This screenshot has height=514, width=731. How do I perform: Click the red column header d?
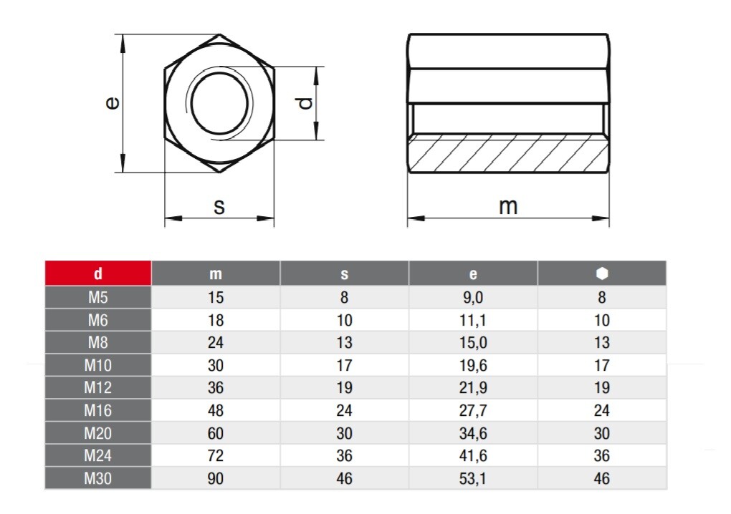coord(98,273)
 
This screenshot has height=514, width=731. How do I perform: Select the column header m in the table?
coord(216,273)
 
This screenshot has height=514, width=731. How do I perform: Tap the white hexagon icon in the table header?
coord(602,273)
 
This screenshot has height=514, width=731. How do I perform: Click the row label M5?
coord(98,297)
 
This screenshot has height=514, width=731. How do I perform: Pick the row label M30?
coord(98,478)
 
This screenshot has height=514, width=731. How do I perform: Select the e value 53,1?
coord(473,479)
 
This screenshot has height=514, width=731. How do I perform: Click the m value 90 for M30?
coord(216,479)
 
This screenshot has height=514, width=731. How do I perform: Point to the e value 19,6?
coord(473,366)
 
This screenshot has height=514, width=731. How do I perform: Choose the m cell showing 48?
coord(216,411)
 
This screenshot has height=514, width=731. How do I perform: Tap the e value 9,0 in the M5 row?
coord(473,298)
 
